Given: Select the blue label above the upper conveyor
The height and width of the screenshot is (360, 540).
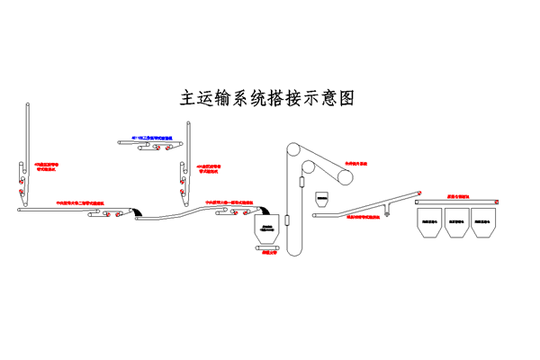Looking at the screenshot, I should [x=158, y=137].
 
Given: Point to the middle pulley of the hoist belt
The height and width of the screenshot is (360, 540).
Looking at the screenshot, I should [x=309, y=167].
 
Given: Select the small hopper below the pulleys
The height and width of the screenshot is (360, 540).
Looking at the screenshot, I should [x=322, y=197].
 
